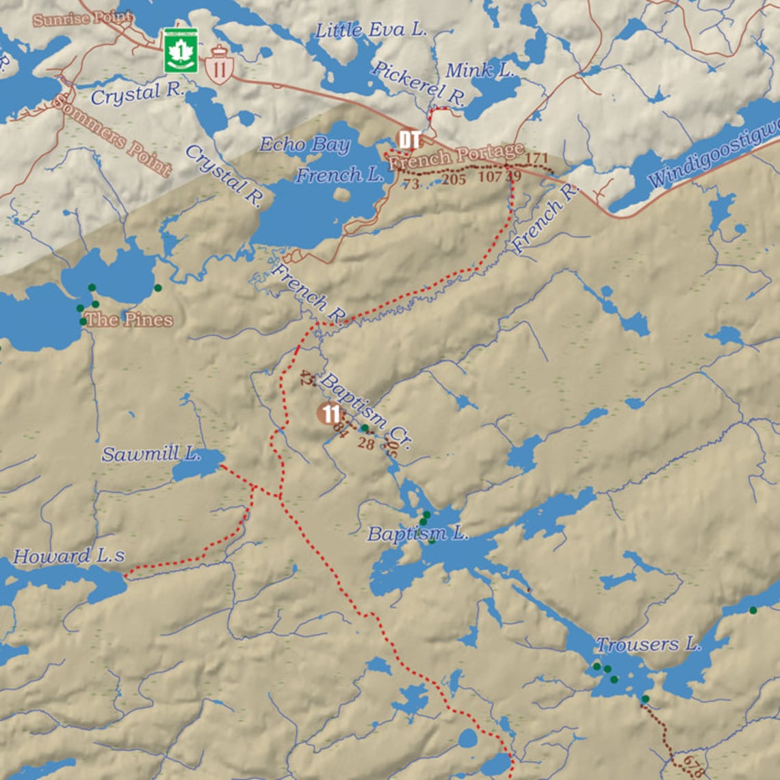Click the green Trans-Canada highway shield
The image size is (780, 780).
[181, 51]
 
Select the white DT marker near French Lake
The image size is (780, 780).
[408, 140]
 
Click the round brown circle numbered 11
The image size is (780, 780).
[330, 413]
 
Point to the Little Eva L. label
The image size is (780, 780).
[370, 30]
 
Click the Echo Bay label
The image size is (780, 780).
[304, 144]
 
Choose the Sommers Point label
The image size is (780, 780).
[112, 135]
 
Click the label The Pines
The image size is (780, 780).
[129, 320]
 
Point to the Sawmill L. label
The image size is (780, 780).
[151, 453]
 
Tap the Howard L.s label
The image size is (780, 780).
[68, 556]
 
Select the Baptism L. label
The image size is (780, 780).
[417, 534]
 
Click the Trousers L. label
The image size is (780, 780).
[647, 644]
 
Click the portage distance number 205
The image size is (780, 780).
[454, 179]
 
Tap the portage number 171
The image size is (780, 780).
[537, 159]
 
